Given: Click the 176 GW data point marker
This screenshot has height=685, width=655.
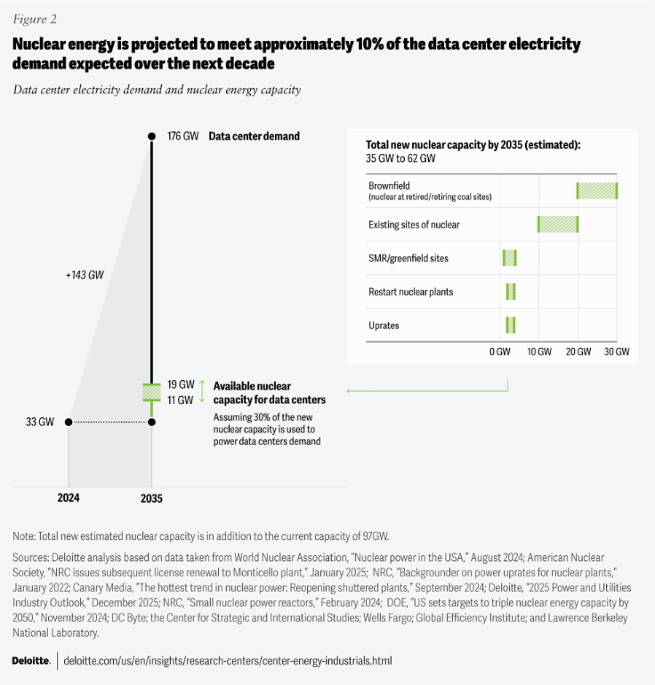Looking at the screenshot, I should coord(152,136).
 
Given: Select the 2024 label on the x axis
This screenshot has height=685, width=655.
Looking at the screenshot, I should coord(69,498).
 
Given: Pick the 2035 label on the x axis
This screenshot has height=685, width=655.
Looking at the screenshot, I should coord(152,498).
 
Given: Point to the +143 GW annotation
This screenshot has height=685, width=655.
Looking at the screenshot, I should coord(85,275).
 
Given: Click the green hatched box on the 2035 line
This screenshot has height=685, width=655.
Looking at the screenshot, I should coord(152,392).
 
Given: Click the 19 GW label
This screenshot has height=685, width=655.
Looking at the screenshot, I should coord(181,385).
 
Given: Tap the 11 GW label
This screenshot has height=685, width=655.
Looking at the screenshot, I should coord(181,400).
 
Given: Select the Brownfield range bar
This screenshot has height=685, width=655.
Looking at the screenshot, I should coord(596,189).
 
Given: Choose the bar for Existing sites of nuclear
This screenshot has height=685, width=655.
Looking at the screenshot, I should coord(558,224).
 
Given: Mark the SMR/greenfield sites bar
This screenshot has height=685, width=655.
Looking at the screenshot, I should coord(509,258).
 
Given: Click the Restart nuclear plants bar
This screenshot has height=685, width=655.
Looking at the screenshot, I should coord(511,292).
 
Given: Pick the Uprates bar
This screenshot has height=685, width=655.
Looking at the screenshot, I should coord(511,325).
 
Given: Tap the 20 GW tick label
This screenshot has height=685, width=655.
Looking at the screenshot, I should coord(578,352).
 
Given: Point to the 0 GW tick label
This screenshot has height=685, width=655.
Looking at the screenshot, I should coord(500,352).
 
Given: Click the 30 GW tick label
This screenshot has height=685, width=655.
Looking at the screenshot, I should coord(617,352).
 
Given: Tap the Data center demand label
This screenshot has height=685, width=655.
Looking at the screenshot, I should coord(254,136).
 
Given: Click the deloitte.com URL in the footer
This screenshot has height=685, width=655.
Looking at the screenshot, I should coord(228,661).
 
